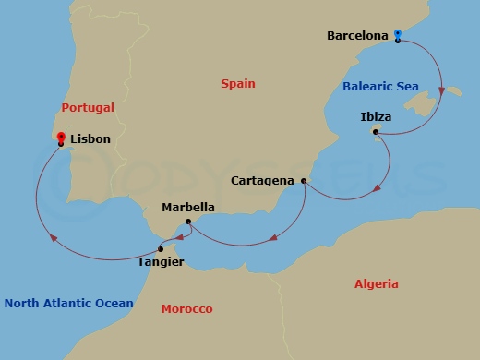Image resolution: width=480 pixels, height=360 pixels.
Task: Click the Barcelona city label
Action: click(358, 36)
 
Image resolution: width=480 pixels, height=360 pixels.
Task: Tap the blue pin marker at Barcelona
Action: click(397, 34)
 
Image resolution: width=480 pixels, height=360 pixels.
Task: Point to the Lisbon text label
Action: click(90, 139)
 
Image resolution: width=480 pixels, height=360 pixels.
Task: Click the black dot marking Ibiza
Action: click(376, 133)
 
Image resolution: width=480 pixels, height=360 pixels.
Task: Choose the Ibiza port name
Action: click(377, 118)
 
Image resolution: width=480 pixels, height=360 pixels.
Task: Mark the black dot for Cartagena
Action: click(304, 181)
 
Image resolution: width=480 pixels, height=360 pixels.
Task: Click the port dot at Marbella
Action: click(187, 222)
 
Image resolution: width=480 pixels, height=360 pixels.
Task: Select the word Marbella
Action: click(188, 208)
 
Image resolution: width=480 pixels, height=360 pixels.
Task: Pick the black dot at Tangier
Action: click(161, 249)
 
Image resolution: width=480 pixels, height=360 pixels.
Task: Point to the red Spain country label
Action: click(237, 84)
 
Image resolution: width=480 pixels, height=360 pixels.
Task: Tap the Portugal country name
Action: click(88, 108)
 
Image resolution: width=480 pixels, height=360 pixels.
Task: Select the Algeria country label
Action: click(377, 284)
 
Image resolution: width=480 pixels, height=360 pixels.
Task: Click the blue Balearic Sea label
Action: click(380, 87)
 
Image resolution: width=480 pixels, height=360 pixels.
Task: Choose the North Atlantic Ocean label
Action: click(68, 304)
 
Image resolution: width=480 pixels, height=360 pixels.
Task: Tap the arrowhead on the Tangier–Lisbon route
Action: click(54, 238)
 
